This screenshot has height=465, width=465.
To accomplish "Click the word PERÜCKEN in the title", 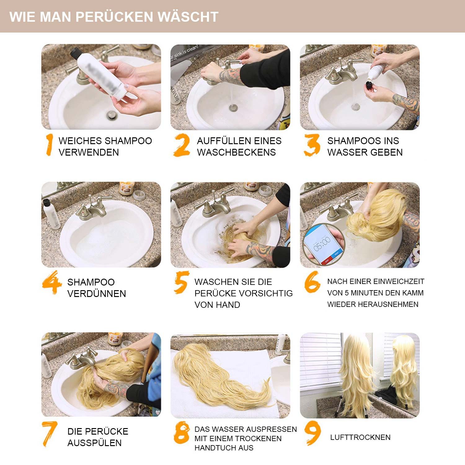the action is [114, 17].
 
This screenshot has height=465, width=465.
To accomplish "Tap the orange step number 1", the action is [49, 145].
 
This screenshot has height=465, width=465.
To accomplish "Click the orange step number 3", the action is [312, 145].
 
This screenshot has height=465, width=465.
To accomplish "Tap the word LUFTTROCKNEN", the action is [360, 437].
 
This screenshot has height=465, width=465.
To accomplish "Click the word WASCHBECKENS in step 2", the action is [236, 152].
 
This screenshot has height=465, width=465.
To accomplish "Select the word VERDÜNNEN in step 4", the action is [96, 294].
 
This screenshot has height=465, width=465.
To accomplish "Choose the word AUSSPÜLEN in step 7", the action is [94, 443].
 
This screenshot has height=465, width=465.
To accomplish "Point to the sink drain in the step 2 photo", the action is [233, 108].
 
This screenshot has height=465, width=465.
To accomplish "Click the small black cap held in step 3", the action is [369, 84].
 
